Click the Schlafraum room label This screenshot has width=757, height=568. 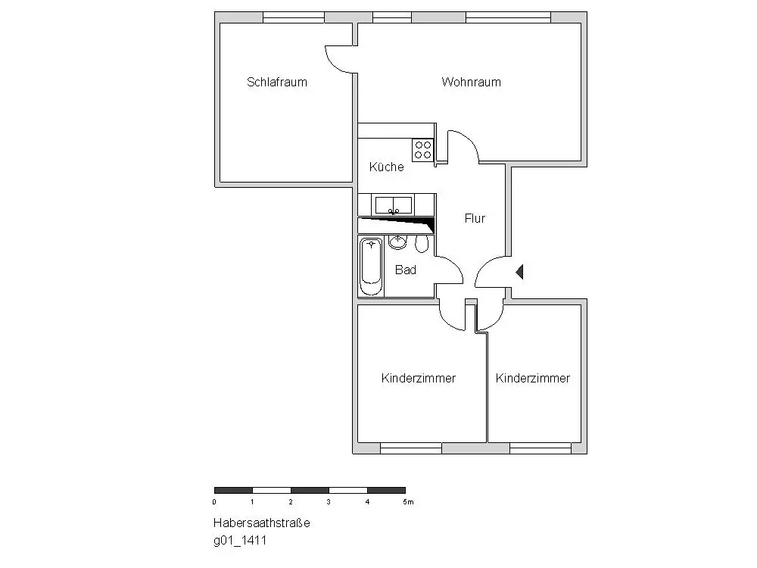[277, 83]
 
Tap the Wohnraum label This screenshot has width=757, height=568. [471, 83]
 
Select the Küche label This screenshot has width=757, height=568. [386, 167]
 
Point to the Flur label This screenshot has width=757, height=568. [475, 219]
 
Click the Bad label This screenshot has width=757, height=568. [406, 270]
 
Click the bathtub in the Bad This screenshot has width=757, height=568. [371, 266]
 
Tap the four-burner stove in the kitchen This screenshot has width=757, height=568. [422, 149]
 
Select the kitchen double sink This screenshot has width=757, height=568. [394, 204]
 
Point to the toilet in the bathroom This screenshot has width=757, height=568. [422, 244]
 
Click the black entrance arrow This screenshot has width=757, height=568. [519, 271]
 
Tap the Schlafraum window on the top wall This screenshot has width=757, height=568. [293, 17]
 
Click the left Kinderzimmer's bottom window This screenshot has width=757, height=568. [410, 448]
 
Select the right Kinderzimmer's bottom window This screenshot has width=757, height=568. [540, 448]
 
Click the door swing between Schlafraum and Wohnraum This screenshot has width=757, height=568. [339, 60]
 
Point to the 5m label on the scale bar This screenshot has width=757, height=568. [408, 502]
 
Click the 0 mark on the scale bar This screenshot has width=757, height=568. [215, 502]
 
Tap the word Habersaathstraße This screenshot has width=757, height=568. [251, 523]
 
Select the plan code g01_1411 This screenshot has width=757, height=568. [239, 541]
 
